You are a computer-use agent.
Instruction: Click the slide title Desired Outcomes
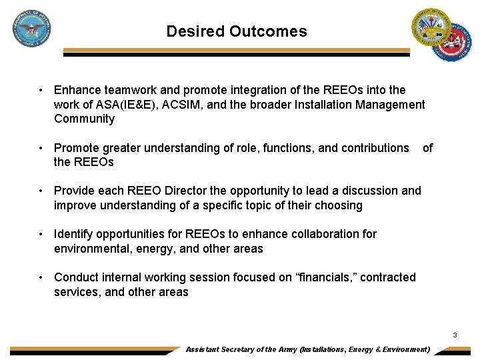click(x=237, y=31)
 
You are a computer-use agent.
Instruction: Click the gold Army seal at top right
click(x=431, y=27)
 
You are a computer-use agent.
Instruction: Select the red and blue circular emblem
click(x=451, y=43)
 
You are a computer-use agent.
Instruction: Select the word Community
click(x=84, y=119)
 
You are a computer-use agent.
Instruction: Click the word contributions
click(x=374, y=148)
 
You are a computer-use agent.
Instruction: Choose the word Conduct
click(x=75, y=277)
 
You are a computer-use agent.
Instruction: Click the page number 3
click(x=455, y=335)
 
